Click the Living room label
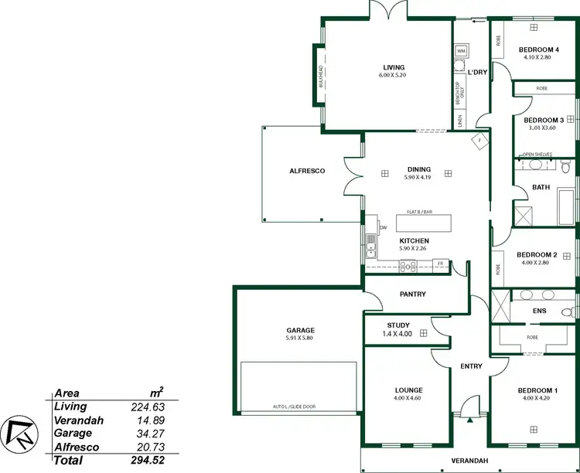[x=394, y=67]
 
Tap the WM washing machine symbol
[x=461, y=50]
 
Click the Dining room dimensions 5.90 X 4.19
[x=418, y=178]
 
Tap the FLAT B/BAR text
[x=419, y=211]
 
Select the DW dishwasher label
[x=382, y=228]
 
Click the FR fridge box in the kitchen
[x=440, y=264]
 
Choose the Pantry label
[x=413, y=294]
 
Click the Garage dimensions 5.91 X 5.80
[x=300, y=339]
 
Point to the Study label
[x=398, y=325]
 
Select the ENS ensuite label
[x=539, y=311]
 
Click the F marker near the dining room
[x=479, y=141]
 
